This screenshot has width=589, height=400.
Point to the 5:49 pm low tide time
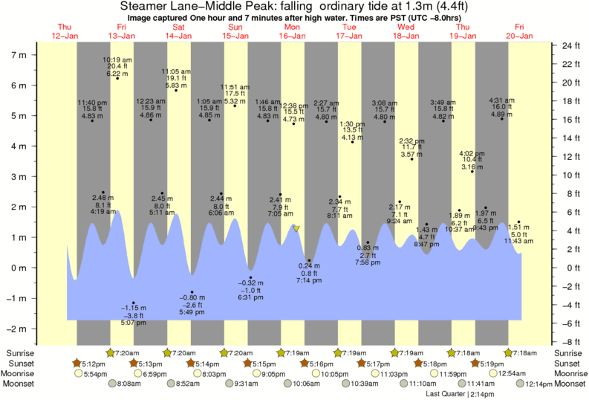coord(192,312)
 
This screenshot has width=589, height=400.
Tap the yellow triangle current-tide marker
coord(296,228)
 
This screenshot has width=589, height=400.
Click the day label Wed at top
coord(406,27)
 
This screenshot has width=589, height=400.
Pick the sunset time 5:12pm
coord(93,363)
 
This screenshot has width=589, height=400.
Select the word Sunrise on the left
coord(23,352)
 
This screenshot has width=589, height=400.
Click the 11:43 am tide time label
coord(518,241)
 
